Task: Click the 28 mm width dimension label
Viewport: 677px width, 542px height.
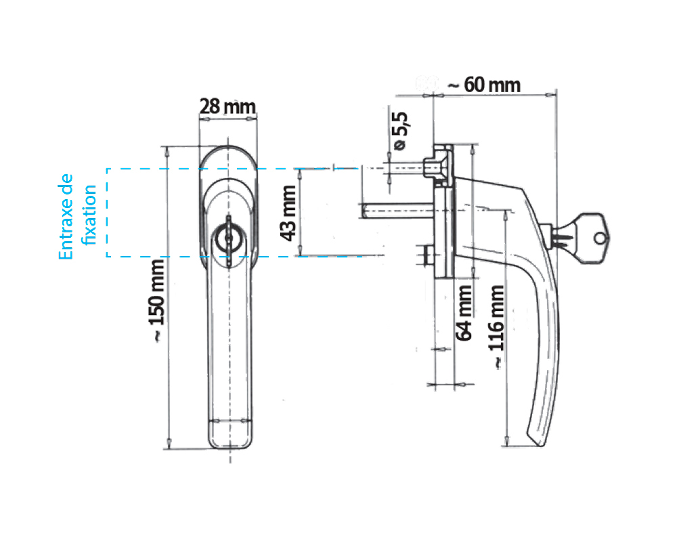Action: coord(227,106)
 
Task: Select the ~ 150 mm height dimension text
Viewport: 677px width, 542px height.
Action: coord(156,301)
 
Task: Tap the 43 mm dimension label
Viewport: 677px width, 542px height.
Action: coord(288,213)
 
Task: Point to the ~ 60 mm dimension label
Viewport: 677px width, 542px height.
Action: coord(484,85)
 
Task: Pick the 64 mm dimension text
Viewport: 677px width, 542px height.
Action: coord(464,313)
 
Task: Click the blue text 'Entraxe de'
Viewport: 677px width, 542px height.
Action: coord(66,217)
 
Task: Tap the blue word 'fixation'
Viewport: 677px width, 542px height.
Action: coord(89,215)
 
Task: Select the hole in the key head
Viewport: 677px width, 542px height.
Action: coord(600,238)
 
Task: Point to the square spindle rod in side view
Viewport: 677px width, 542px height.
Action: coord(397,211)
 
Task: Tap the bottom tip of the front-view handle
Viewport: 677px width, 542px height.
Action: coord(230,449)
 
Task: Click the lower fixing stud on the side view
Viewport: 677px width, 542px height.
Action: coord(426,255)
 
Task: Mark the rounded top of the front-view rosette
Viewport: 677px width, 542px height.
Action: coord(228,150)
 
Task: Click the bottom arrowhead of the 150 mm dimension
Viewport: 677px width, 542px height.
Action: coord(169,444)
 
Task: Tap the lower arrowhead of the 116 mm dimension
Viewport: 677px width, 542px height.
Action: coord(506,441)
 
